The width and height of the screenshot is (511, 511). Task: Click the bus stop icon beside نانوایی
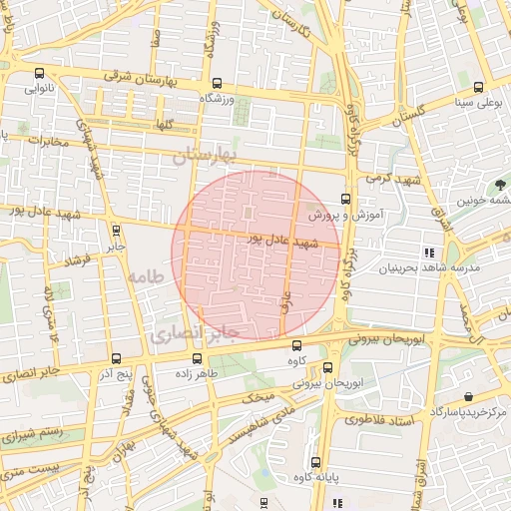(39, 73)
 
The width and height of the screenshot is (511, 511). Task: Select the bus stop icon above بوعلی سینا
(479, 86)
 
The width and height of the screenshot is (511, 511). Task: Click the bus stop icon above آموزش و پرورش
(345, 199)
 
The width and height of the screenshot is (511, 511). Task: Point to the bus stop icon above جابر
(116, 231)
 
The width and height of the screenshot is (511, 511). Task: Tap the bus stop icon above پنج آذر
(116, 358)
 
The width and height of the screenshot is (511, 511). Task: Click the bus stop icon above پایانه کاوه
(315, 461)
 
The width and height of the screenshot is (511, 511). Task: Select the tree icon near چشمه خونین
(498, 184)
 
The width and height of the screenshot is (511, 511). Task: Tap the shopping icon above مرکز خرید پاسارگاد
(467, 396)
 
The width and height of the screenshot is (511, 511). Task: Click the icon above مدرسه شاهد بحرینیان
(429, 253)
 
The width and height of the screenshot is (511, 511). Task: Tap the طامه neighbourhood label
(146, 274)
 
